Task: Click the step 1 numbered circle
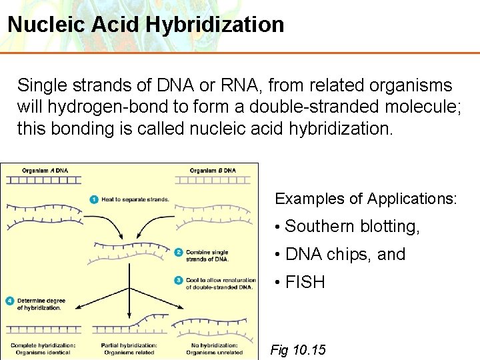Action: [x=95, y=199]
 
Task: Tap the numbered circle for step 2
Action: [x=178, y=252]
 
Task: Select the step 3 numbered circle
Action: [x=178, y=280]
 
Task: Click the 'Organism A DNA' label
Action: [x=44, y=170]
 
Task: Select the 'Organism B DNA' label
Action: [x=213, y=170]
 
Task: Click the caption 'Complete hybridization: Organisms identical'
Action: [x=43, y=349]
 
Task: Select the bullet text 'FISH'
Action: [x=305, y=283]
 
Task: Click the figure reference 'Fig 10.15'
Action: [x=298, y=349]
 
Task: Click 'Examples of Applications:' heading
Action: [x=366, y=199]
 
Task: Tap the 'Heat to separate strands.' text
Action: [x=135, y=199]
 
